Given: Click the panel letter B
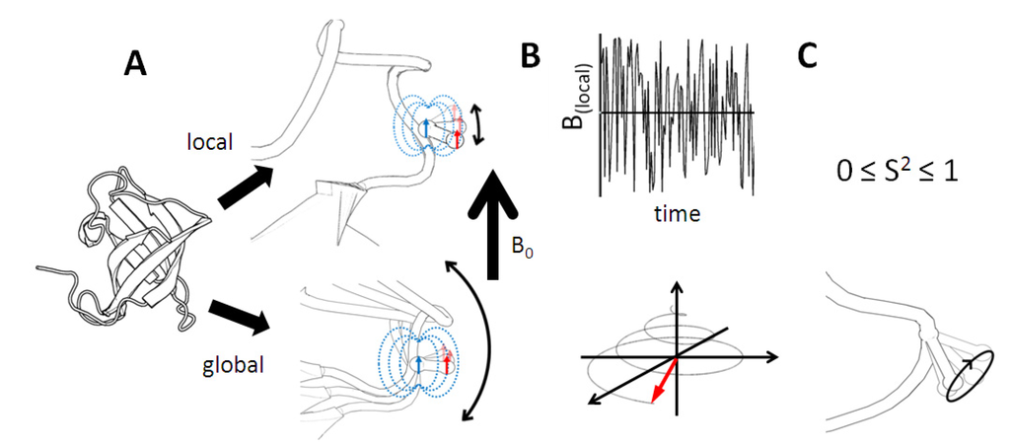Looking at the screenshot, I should (530, 58).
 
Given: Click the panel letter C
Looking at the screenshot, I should (807, 58).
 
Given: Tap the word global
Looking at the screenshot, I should (235, 364).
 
